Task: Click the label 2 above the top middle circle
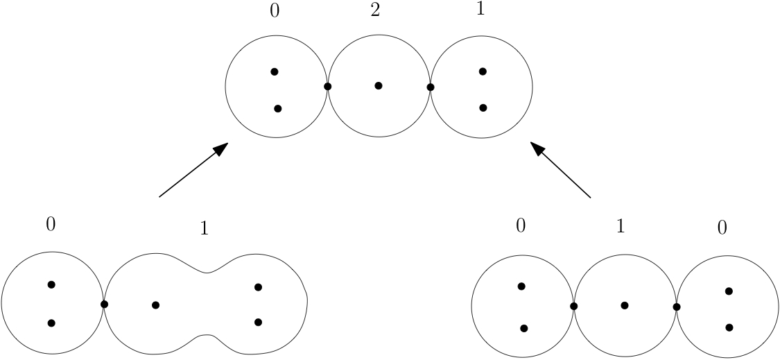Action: click(x=375, y=12)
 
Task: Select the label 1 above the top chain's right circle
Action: click(x=481, y=12)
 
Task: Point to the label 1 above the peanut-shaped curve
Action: click(x=204, y=229)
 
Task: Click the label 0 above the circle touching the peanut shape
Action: click(x=51, y=224)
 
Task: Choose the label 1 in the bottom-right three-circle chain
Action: click(x=621, y=228)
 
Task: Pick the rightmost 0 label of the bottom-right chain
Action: click(x=722, y=229)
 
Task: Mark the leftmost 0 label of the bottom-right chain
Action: click(x=521, y=228)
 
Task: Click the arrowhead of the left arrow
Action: click(x=221, y=148)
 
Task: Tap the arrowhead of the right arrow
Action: click(x=537, y=148)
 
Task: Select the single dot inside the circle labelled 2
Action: click(x=379, y=86)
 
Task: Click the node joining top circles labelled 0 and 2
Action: click(x=327, y=87)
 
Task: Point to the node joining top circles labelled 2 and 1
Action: click(x=431, y=87)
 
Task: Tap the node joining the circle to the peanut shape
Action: click(x=104, y=304)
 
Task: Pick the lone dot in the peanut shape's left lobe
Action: click(x=155, y=305)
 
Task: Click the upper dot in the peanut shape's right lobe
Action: click(x=258, y=287)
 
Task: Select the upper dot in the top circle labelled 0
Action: click(x=275, y=71)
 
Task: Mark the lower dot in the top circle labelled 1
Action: click(x=483, y=108)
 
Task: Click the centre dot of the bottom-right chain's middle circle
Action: click(x=625, y=305)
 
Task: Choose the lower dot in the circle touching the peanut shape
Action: click(x=51, y=323)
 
